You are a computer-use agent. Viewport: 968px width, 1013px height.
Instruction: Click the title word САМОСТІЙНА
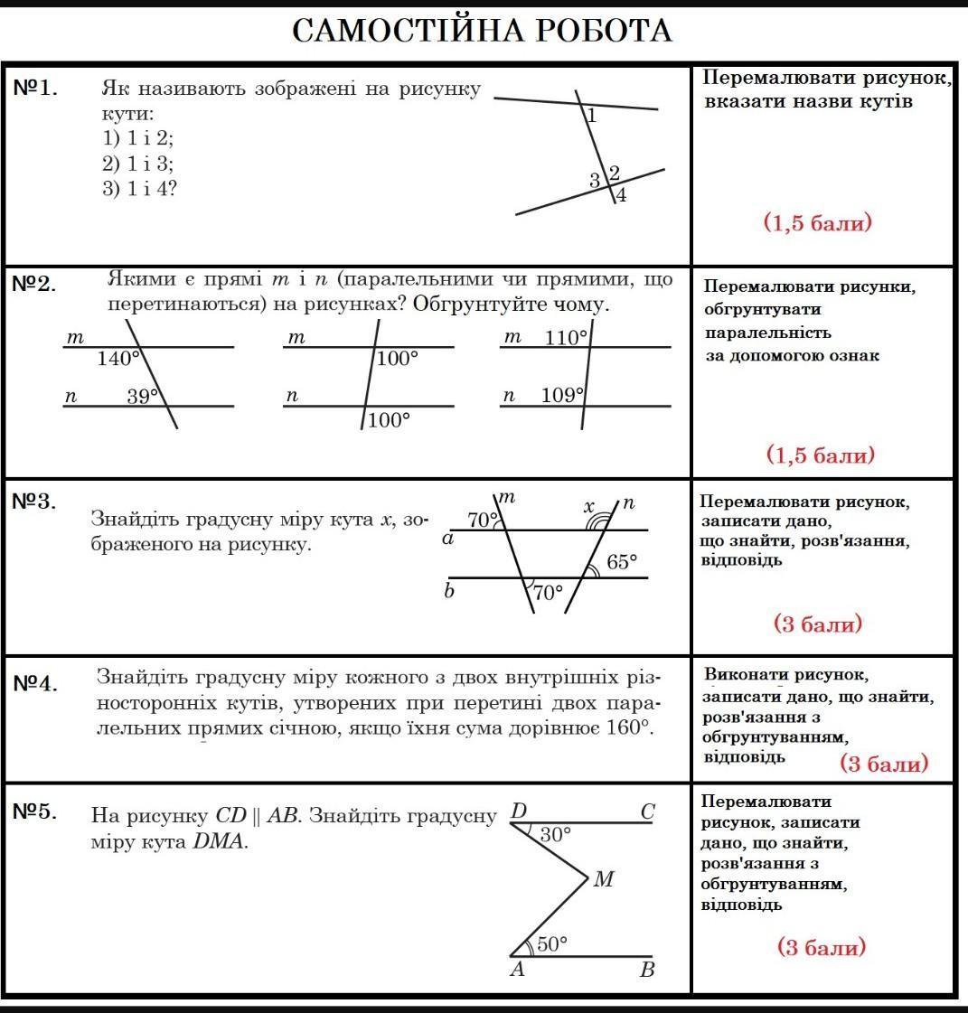pos(409,31)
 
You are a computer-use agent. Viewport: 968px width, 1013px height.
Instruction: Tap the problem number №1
pos(36,89)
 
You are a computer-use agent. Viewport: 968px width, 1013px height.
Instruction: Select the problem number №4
pos(36,683)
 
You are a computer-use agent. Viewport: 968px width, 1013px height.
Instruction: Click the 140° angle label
pos(118,359)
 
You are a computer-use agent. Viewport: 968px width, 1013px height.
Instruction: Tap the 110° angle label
pos(566,338)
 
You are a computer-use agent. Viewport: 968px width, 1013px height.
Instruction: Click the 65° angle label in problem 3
pos(622,562)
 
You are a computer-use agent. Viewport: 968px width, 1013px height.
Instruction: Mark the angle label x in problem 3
pos(588,507)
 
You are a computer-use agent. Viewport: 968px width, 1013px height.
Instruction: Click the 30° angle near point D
pos(556,835)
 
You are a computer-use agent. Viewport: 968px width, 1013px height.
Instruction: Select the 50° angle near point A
pos(551,944)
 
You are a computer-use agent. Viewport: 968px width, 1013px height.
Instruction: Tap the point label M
pos(604,879)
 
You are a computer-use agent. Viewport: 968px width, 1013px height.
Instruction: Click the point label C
pos(647,812)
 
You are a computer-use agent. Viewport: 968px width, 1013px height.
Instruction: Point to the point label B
pos(647,971)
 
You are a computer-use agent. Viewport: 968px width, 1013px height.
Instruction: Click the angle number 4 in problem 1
pos(621,194)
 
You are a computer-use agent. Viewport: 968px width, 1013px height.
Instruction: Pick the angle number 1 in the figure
pos(591,116)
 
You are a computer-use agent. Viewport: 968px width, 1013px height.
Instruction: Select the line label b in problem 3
pos(448,593)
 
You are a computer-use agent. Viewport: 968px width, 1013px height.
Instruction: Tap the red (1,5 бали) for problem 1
pos(818,222)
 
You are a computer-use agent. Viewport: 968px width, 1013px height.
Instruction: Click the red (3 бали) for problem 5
pos(822,947)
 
